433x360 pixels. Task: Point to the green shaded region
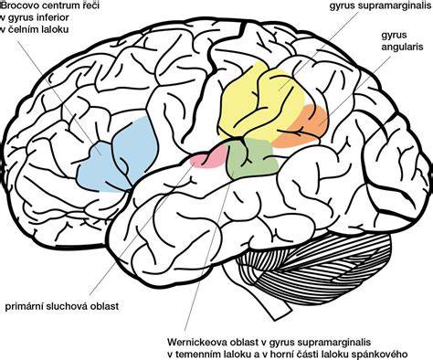click(x=252, y=157)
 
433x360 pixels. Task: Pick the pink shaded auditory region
click(x=209, y=157)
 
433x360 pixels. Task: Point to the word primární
click(x=25, y=306)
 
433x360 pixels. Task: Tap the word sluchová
click(x=64, y=306)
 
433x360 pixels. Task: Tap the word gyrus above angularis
click(x=395, y=36)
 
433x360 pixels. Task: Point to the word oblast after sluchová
click(x=101, y=306)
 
